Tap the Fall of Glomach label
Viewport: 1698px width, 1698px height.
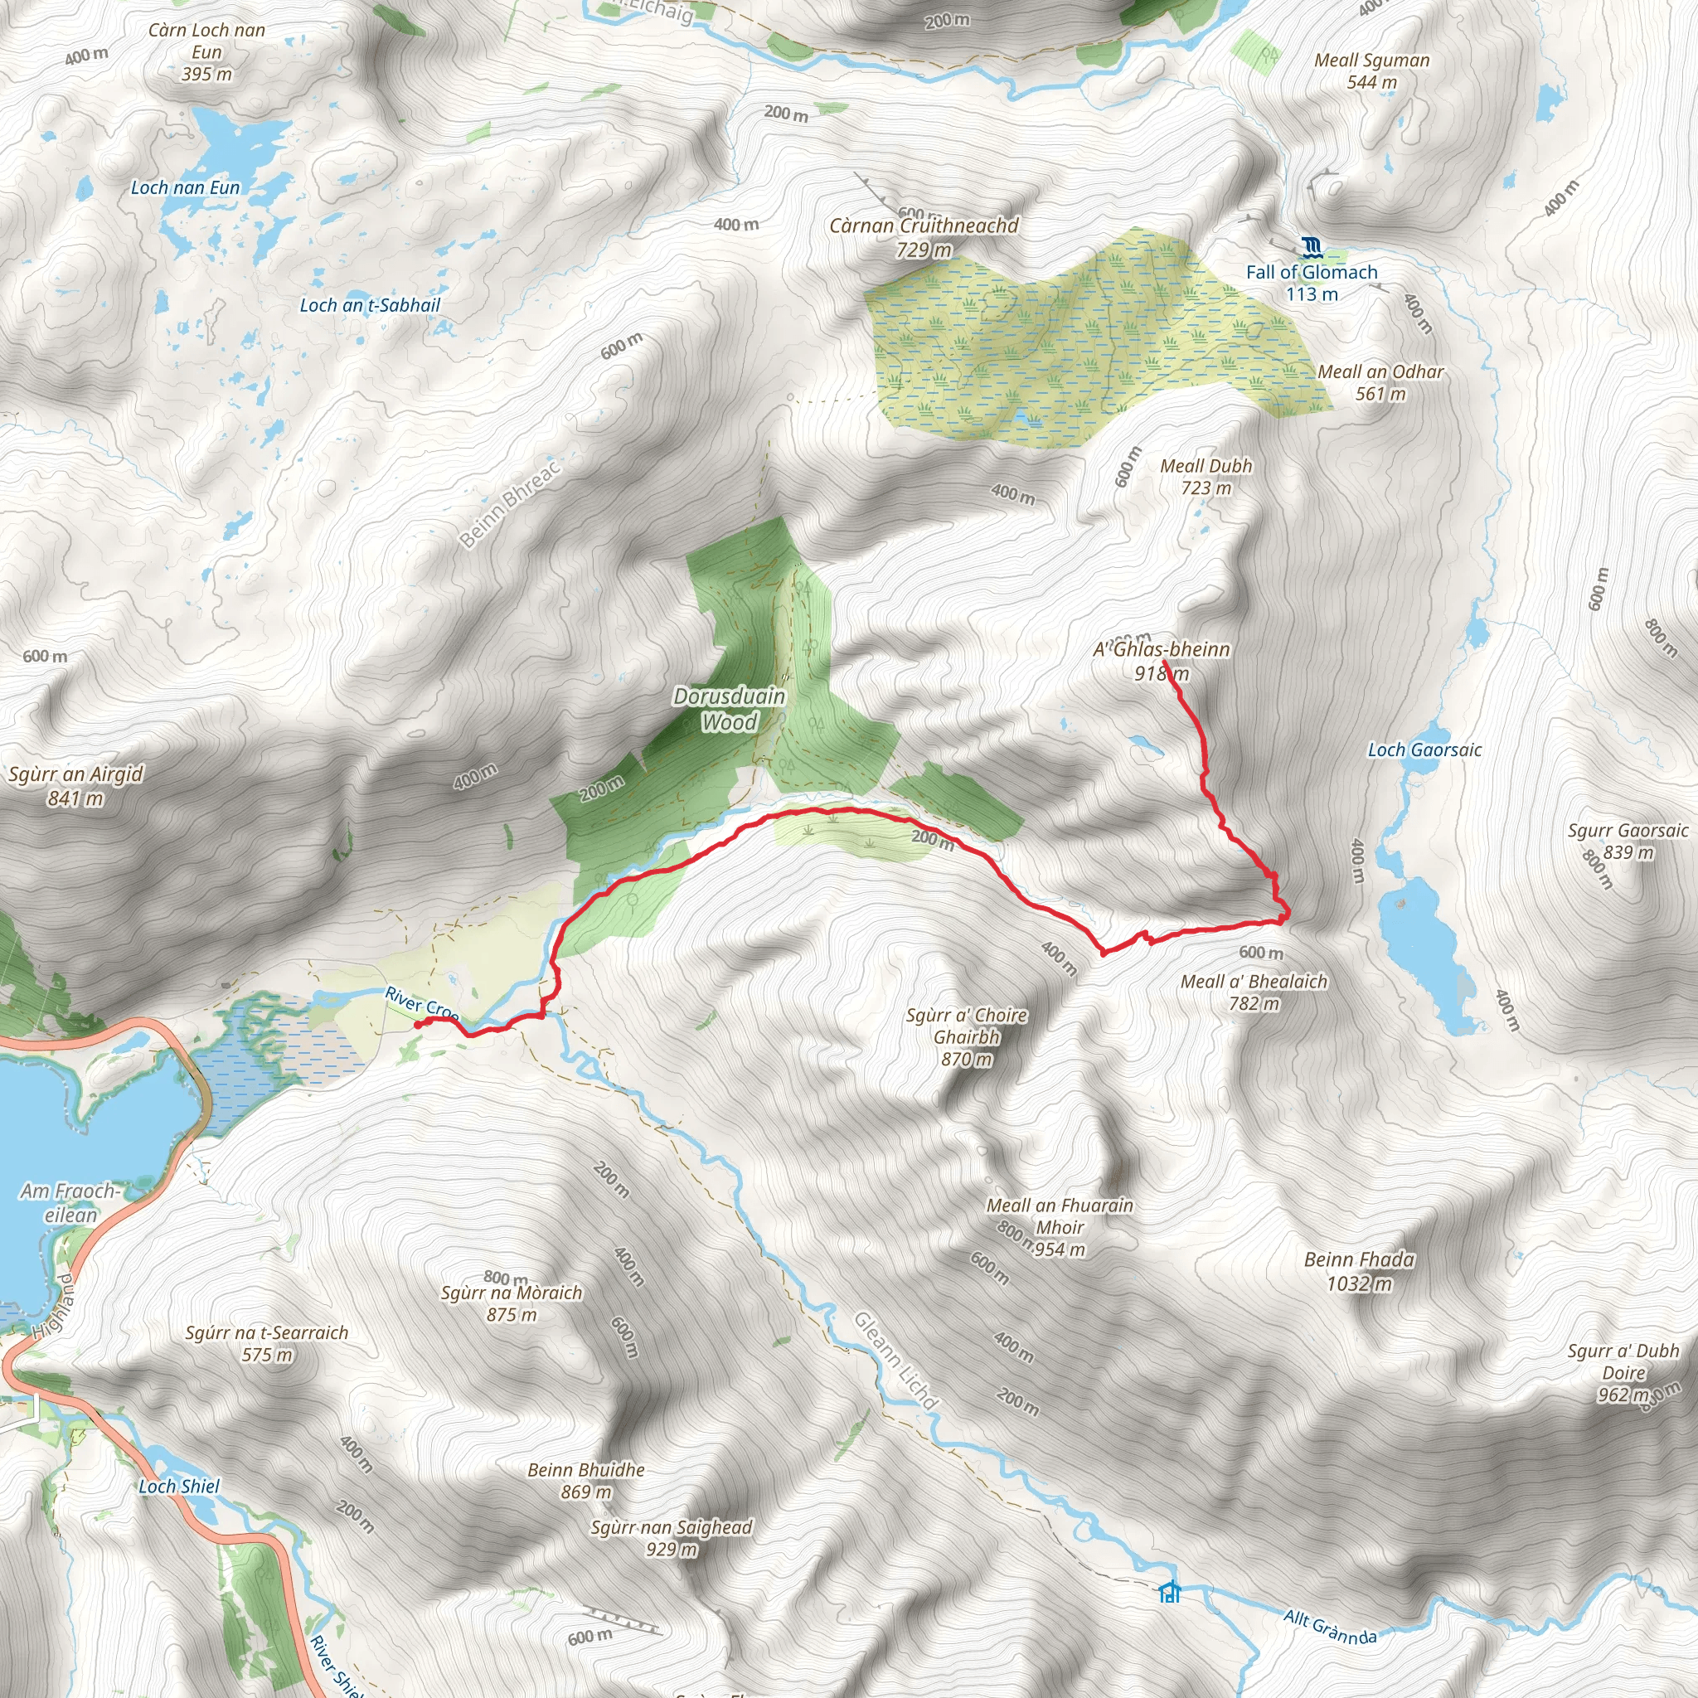(x=1312, y=282)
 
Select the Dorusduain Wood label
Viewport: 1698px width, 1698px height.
(x=729, y=709)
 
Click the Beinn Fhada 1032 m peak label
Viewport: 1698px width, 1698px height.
(x=1359, y=1271)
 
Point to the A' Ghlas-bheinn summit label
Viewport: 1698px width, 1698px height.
(x=1161, y=661)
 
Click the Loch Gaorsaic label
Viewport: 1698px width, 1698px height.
(x=1424, y=750)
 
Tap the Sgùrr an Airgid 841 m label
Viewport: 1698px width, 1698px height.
(x=75, y=786)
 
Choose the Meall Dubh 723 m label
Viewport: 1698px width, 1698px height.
(x=1206, y=477)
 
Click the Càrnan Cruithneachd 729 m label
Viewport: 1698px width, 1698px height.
(x=924, y=237)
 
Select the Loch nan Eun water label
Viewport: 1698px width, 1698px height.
(x=185, y=187)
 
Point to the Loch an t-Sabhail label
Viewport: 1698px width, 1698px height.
(x=370, y=305)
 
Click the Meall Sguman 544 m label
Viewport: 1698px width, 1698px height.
(x=1371, y=71)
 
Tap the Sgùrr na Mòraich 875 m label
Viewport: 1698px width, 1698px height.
(x=512, y=1303)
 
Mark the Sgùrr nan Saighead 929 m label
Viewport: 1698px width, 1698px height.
(x=672, y=1538)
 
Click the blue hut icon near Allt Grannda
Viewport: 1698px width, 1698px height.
(x=1169, y=1592)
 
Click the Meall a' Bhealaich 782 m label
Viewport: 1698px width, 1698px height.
(x=1254, y=992)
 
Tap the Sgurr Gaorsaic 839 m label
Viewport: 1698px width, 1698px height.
(x=1628, y=841)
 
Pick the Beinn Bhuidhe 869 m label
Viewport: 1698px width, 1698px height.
(x=586, y=1480)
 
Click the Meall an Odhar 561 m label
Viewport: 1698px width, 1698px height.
(x=1380, y=382)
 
